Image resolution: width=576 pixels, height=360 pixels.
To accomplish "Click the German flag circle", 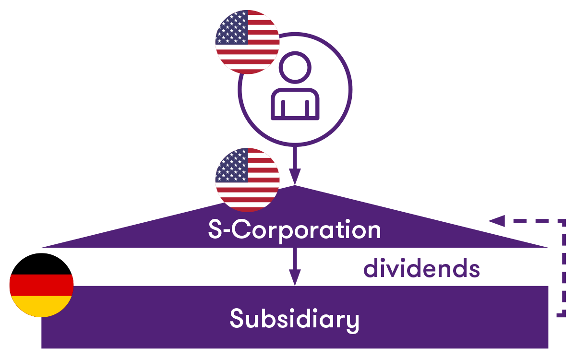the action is tap(41, 285).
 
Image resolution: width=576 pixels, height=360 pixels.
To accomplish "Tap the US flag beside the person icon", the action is tap(247, 42).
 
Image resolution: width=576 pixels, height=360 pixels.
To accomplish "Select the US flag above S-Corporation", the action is tap(247, 180).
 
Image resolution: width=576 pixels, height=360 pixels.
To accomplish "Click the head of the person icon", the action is tap(295, 67).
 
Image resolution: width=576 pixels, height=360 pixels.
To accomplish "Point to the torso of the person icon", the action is tap(295, 104).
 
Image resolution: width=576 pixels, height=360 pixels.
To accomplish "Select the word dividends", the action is tap(422, 268).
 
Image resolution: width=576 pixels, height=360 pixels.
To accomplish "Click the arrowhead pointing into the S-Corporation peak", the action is tap(295, 177).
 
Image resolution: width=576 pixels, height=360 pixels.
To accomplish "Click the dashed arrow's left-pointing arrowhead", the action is tap(496, 221).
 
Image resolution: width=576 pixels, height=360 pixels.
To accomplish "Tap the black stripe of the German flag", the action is tap(41, 264).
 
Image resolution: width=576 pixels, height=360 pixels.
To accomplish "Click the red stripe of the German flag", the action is tap(41, 285).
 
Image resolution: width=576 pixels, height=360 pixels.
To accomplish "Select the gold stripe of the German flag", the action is tap(41, 306).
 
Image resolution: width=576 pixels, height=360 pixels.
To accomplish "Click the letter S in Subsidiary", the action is tap(237, 318).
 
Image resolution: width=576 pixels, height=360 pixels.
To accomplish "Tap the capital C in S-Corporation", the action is tap(241, 229).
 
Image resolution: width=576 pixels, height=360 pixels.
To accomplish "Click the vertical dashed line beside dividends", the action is tap(564, 268).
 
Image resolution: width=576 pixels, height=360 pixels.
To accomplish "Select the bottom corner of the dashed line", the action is tap(564, 315).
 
